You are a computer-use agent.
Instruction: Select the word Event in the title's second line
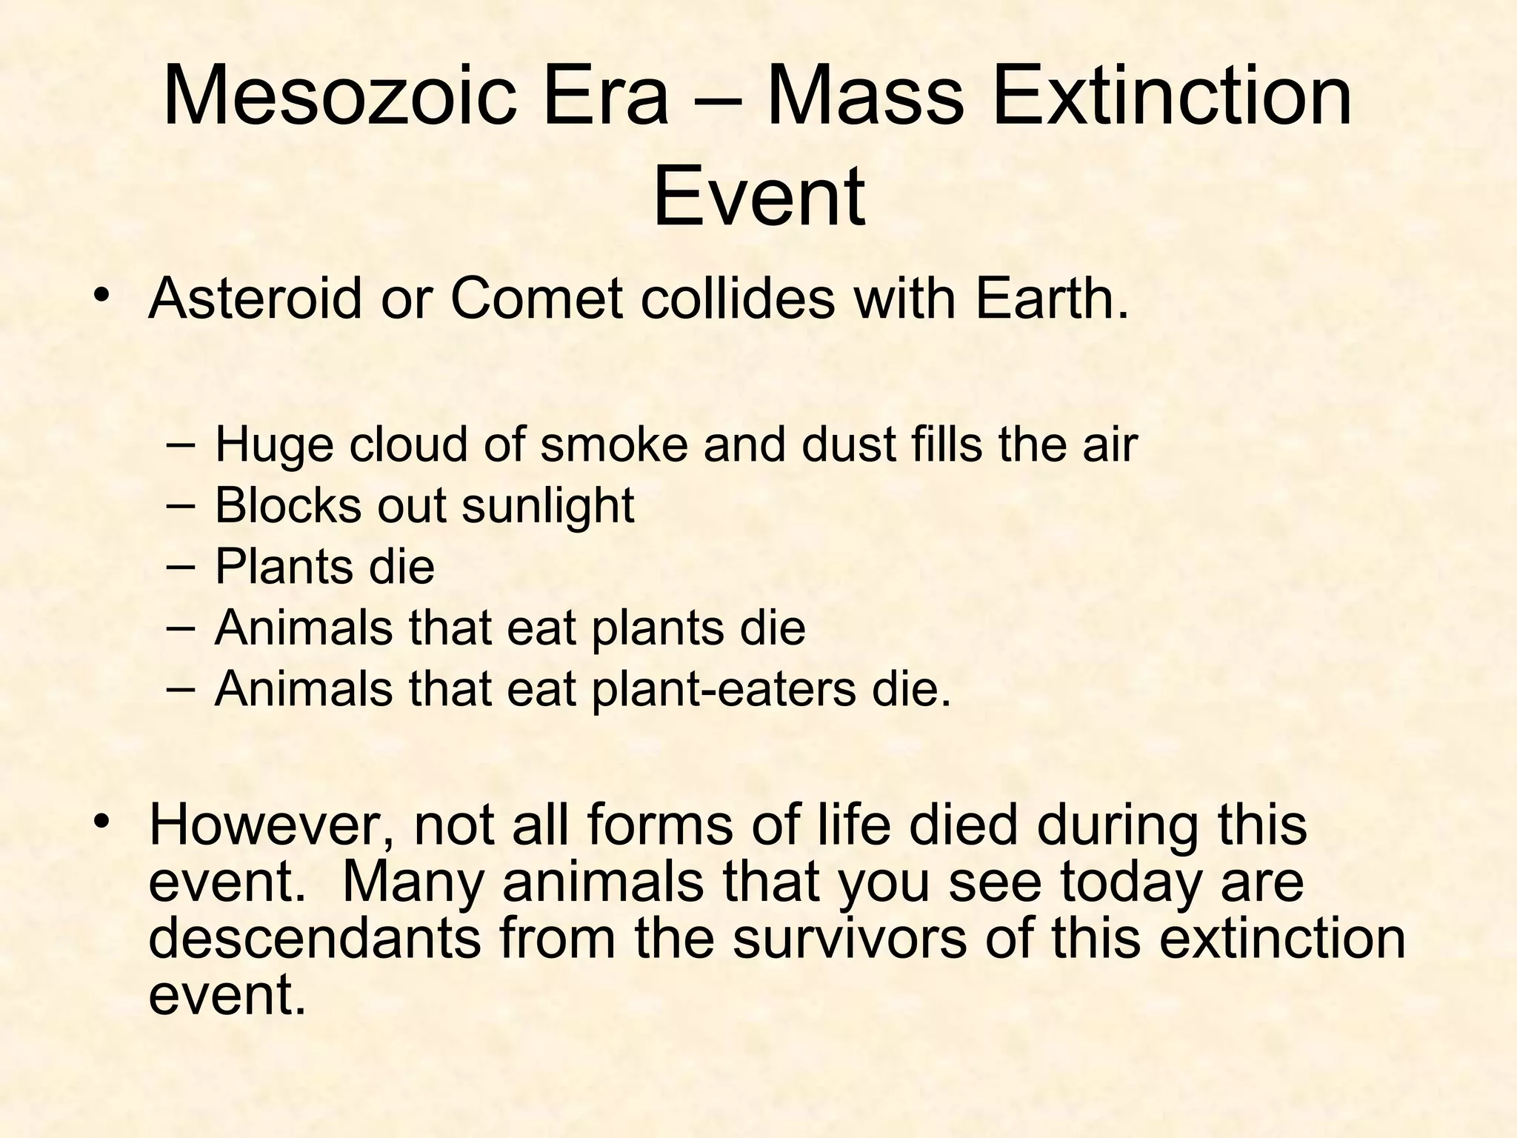[758, 196]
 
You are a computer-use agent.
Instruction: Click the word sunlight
[548, 508]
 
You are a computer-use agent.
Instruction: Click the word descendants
[315, 938]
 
